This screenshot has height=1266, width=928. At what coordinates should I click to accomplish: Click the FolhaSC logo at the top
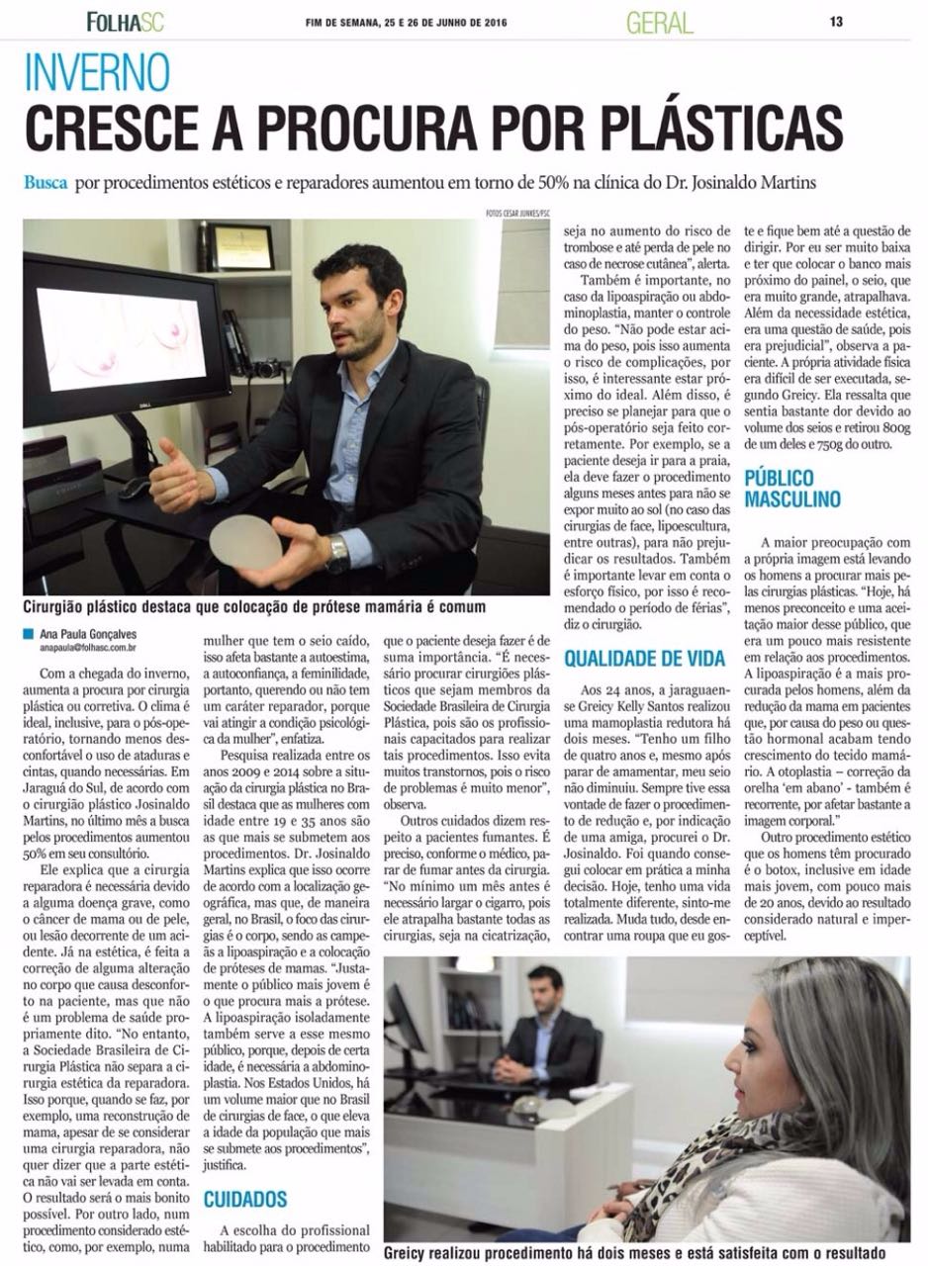pyautogui.click(x=125, y=20)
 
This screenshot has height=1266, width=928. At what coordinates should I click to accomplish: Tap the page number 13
pyautogui.click(x=836, y=21)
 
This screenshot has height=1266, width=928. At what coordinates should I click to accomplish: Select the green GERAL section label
pyautogui.click(x=660, y=22)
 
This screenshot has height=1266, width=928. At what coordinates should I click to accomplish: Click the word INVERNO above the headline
pyautogui.click(x=98, y=73)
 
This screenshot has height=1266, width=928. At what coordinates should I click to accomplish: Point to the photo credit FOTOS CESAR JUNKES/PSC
pyautogui.click(x=517, y=213)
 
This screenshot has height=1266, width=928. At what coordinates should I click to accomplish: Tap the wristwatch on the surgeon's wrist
pyautogui.click(x=338, y=554)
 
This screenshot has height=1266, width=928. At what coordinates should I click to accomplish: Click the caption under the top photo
pyautogui.click(x=254, y=606)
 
